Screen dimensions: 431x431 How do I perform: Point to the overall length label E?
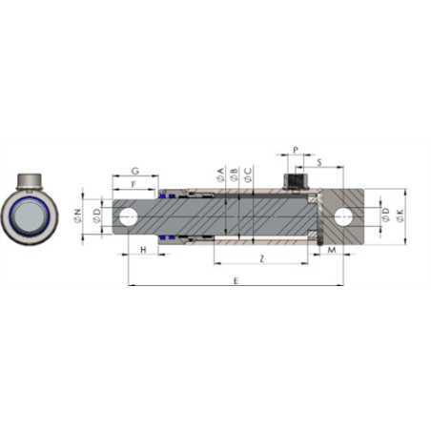[x=235, y=280]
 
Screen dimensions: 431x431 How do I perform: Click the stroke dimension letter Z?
[x=261, y=259]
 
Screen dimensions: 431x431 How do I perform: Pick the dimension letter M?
[x=332, y=250]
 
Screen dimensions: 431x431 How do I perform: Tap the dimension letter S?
[x=317, y=163]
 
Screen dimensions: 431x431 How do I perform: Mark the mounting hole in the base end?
[x=341, y=215]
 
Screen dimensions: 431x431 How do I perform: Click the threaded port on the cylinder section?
[x=296, y=180]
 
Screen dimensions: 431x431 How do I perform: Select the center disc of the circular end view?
[x=35, y=215]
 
